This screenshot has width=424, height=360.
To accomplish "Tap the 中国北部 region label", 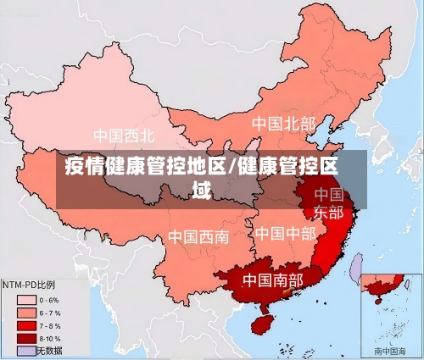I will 283,124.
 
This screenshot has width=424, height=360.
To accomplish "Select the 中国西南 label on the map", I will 198,236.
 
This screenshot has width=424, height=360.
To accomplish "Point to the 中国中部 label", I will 285,232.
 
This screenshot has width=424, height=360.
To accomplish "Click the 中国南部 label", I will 272,279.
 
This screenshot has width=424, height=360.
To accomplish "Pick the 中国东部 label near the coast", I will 329,203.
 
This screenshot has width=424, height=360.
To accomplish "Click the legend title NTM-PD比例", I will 29,285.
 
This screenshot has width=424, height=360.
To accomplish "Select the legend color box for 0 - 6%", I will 25,299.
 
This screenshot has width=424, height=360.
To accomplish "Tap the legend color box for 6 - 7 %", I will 25,312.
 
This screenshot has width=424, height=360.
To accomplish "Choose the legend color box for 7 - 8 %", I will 25,324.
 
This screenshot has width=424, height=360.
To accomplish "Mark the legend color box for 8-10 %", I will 25,337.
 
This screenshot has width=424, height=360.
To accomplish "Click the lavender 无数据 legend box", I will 25,349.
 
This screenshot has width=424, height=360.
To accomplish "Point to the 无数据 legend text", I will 50,349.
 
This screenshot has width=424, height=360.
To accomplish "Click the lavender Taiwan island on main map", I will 357,269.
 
